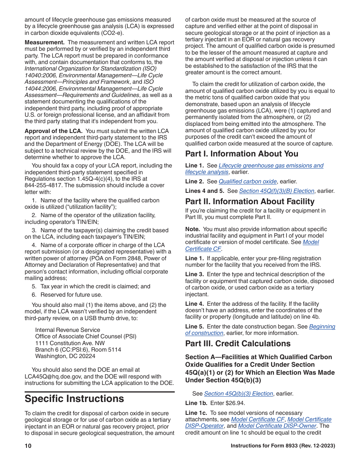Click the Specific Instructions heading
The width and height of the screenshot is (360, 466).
[x=74, y=399]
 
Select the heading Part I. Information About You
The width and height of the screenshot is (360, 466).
[x=241, y=154]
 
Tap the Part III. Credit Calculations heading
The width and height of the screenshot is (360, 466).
[x=238, y=344]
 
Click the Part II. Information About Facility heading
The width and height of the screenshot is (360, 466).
[x=250, y=202]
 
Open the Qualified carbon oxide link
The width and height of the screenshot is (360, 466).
[x=247, y=181]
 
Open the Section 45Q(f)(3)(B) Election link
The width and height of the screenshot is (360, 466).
[x=276, y=191]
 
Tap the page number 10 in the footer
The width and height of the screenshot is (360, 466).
[x=28, y=446]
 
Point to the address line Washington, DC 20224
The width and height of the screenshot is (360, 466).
[x=65, y=356]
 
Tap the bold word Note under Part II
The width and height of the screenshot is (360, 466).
[x=192, y=229]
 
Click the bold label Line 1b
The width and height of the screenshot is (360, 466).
[x=196, y=403]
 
